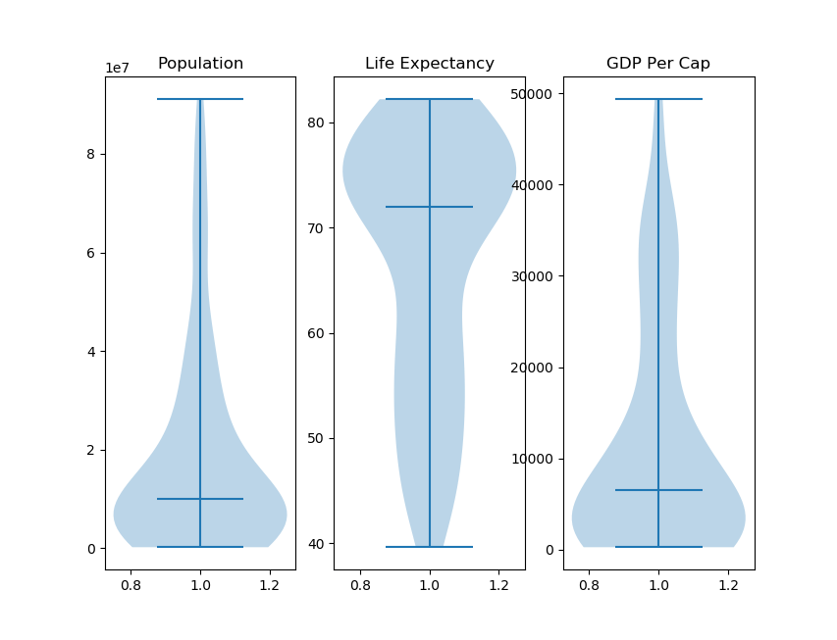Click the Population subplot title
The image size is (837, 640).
200,64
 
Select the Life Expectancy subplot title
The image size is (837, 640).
429,64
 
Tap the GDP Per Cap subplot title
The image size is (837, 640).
658,64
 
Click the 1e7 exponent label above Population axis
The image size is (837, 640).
117,69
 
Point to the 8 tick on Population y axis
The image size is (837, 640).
91,154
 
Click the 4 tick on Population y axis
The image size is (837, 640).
91,352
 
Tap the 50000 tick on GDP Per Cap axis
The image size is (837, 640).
531,94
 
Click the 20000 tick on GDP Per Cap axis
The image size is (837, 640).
531,368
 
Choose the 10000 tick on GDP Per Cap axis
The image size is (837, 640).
531,459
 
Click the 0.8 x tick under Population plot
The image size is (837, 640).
131,586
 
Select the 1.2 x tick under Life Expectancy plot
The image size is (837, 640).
498,586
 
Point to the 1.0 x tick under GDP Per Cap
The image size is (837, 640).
658,586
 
